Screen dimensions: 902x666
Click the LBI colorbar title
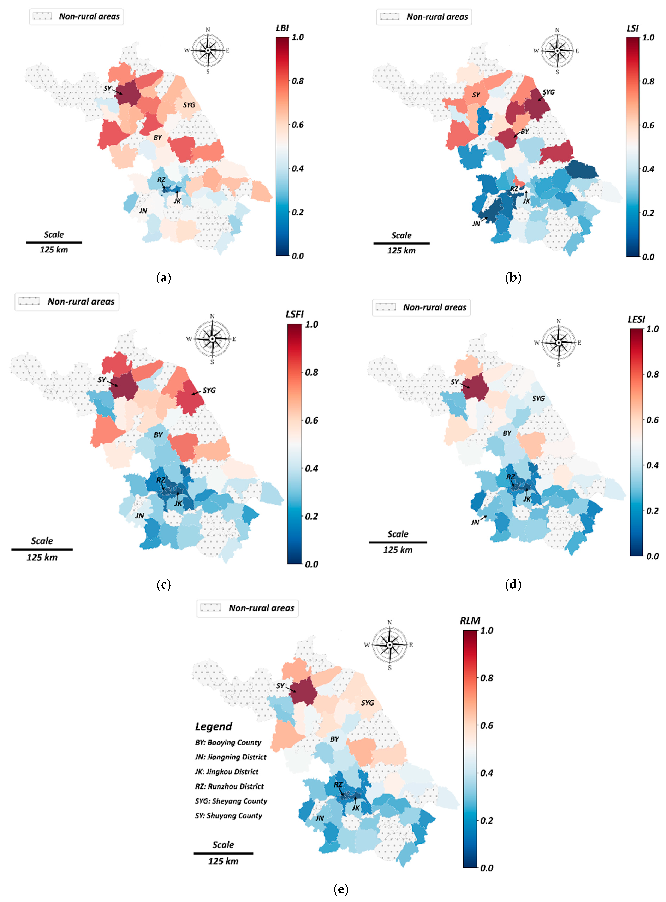tap(282, 28)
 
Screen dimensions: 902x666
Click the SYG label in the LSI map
tap(549, 92)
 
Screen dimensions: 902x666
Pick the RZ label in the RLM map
tap(338, 785)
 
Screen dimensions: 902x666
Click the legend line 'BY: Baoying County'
tap(228, 742)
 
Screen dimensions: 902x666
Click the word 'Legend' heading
tap(214, 727)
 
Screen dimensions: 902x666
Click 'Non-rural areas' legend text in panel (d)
tap(435, 307)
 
